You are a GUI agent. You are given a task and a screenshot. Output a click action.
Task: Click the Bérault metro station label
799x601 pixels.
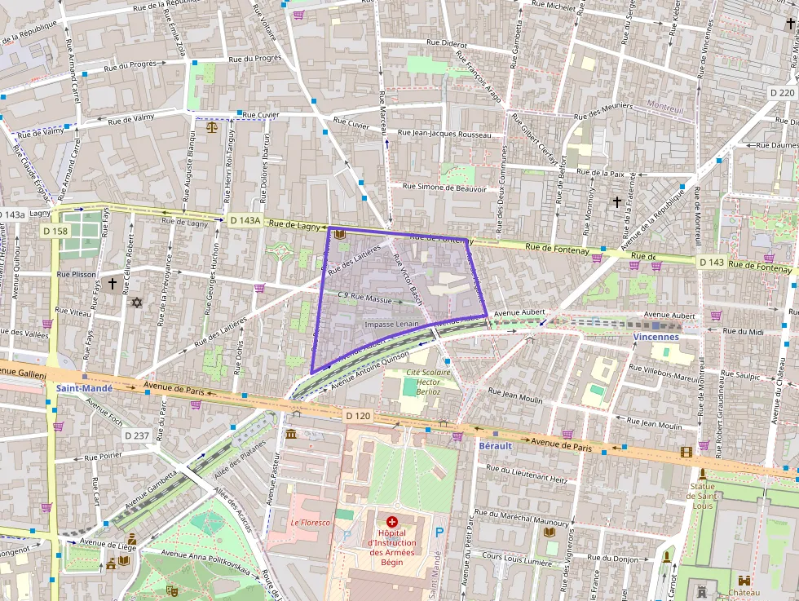496,447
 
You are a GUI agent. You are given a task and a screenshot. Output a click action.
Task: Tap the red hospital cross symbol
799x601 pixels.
392,521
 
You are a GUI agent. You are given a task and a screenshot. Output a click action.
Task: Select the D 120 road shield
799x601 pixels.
357,416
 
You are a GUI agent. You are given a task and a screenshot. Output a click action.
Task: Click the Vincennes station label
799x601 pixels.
656,336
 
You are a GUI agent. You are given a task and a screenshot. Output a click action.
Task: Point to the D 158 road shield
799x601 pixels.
55,232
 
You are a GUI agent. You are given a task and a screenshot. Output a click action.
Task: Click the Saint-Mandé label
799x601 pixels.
85,388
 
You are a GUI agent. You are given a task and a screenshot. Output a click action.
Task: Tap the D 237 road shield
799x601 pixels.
137,435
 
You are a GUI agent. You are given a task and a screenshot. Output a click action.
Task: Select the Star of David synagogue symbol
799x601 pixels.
137,303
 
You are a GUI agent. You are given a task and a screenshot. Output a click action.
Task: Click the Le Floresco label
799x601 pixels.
311,523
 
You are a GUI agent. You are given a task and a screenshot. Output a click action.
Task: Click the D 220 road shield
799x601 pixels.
782,93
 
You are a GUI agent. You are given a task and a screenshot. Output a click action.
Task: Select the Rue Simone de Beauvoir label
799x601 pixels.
444,188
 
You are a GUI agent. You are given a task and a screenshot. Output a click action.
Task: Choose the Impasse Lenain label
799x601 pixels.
392,324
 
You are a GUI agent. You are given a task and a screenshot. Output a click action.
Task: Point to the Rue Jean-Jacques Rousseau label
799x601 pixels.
444,134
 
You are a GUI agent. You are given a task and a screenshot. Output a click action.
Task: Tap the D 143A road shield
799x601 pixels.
245,220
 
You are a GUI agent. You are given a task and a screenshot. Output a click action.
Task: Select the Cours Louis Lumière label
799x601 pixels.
516,562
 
